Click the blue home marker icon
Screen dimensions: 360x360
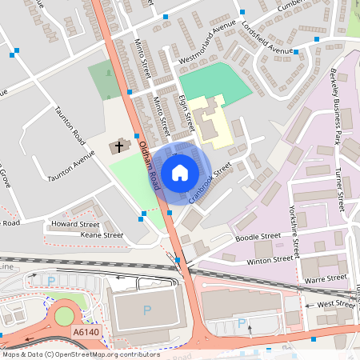180,172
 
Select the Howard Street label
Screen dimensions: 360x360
74,225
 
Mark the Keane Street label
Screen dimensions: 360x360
102,235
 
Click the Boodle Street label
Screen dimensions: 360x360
258,237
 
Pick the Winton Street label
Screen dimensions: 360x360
270,260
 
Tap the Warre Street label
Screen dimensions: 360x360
326,278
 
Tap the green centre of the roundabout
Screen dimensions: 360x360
63,316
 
